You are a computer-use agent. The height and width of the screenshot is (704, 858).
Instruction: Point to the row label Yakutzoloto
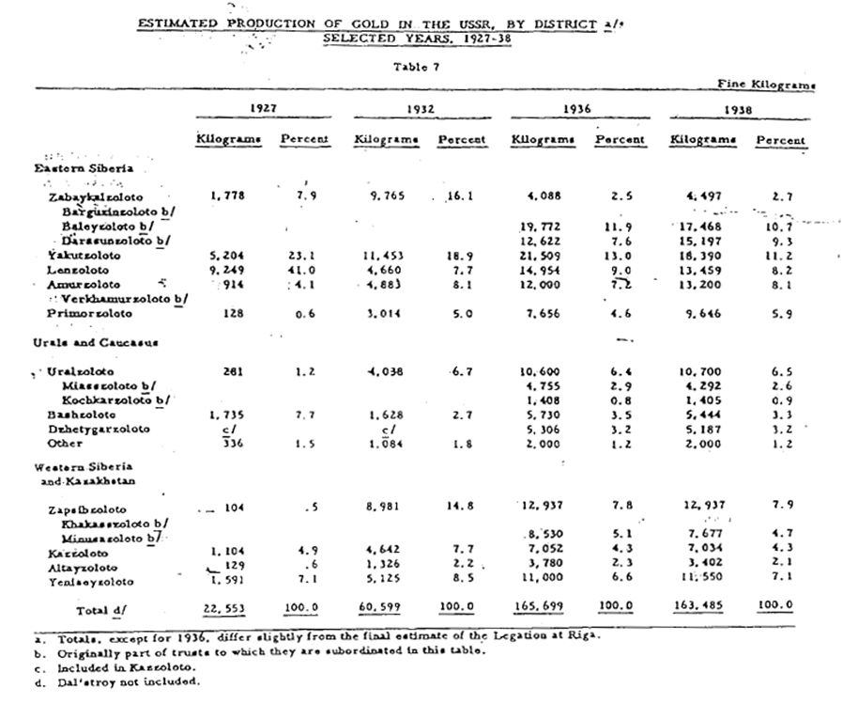[x=83, y=255]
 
